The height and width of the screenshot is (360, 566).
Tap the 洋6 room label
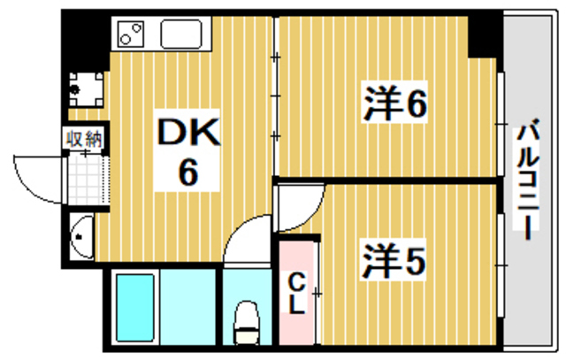tap(394, 104)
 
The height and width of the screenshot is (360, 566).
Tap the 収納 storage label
tap(84, 138)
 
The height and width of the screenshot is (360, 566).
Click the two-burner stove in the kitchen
tap(131, 36)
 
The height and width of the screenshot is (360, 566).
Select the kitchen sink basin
tap(183, 34)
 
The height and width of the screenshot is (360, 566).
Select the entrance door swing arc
tap(40, 177)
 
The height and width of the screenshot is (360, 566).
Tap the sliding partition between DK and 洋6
tap(275, 97)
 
